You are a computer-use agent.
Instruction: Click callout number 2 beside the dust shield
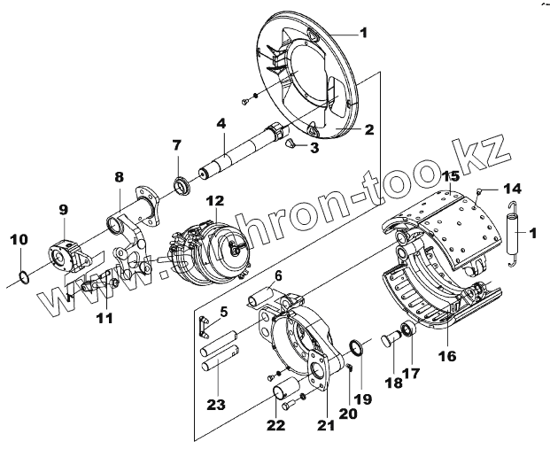[368, 129]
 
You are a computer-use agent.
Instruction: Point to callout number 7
[177, 144]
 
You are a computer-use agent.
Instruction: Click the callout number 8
[119, 176]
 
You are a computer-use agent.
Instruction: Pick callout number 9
[63, 210]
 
